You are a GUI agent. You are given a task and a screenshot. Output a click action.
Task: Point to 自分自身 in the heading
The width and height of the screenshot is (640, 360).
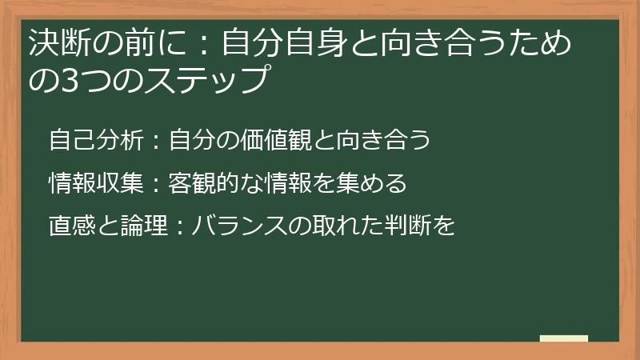tap(286, 43)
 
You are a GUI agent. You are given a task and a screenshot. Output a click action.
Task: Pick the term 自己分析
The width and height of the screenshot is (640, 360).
tap(96, 139)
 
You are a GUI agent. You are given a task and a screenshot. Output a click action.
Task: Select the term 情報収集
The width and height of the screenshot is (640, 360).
tap(96, 182)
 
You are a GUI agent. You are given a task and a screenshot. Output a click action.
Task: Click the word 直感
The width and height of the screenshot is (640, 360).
tap(73, 226)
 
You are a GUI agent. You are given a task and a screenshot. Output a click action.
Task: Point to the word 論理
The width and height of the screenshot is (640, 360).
tap(144, 226)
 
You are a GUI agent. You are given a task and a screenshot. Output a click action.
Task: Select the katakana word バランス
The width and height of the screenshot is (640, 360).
tap(240, 226)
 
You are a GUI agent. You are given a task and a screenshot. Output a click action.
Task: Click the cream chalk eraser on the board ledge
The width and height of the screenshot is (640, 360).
tap(564, 338)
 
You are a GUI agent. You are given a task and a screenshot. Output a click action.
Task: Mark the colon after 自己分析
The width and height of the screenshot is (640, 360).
tap(156, 141)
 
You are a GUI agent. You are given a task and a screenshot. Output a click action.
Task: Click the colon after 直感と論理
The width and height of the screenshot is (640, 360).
tap(180, 226)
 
